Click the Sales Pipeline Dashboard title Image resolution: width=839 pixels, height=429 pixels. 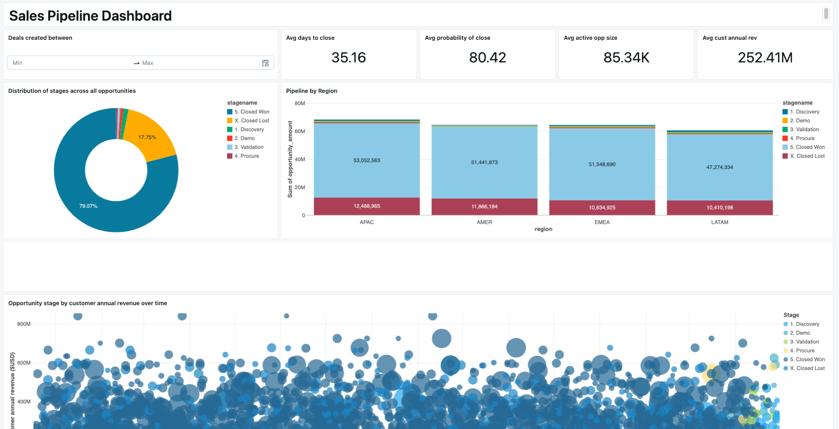click(x=90, y=16)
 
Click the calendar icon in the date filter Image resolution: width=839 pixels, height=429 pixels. click(x=265, y=63)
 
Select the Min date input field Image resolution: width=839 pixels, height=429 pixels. click(x=69, y=63)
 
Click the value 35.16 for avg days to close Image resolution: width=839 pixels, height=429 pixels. click(x=348, y=57)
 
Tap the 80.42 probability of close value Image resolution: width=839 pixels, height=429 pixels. click(x=487, y=57)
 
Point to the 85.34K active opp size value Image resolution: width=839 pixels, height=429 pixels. click(x=626, y=57)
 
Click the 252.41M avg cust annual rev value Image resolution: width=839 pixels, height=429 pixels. click(x=765, y=57)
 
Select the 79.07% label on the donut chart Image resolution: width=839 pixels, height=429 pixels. click(x=88, y=206)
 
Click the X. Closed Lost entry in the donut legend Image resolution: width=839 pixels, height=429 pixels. click(x=255, y=120)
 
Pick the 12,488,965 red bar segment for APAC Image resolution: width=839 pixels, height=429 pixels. click(x=367, y=206)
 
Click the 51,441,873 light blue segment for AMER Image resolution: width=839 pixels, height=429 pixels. click(x=484, y=162)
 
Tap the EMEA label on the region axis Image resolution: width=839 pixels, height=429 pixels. click(x=602, y=222)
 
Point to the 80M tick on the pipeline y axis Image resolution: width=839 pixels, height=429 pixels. click(x=300, y=103)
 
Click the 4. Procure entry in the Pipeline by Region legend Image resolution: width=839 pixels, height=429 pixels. click(x=805, y=138)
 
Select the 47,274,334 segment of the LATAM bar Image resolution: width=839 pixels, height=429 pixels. click(x=720, y=167)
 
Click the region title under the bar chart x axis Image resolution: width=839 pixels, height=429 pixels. click(x=543, y=229)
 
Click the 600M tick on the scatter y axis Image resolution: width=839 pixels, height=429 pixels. click(x=24, y=363)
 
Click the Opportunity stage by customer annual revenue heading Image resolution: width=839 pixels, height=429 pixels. click(x=87, y=303)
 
